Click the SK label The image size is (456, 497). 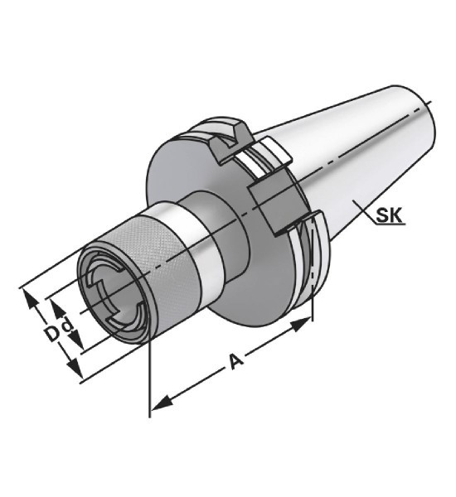point(389,215)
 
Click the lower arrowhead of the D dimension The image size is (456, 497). point(75,369)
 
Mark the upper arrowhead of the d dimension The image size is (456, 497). point(57,309)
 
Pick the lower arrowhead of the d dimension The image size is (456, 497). point(77,339)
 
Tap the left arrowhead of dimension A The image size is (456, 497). point(161,403)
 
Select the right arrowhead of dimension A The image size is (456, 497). point(301,324)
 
